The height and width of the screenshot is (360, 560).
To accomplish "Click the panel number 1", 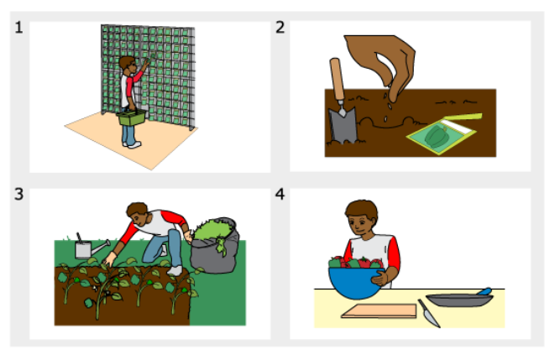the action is pyautogui.click(x=19, y=28).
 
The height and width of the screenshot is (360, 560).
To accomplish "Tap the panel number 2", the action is pyautogui.click(x=280, y=27).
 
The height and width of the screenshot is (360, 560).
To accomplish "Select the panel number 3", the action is pyautogui.click(x=19, y=194).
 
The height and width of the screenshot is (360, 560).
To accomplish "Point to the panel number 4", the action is pyautogui.click(x=280, y=194).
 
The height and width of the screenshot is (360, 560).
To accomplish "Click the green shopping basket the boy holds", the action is pyautogui.click(x=132, y=117).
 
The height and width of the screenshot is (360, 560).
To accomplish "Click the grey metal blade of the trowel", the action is pyautogui.click(x=343, y=125).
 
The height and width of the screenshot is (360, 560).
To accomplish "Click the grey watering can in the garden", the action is pyautogui.click(x=89, y=248).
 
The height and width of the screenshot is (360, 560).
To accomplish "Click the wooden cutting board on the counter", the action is pyautogui.click(x=379, y=310).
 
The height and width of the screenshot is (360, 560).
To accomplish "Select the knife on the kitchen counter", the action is pyautogui.click(x=428, y=313).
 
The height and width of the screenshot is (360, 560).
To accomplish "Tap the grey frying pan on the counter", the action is pyautogui.click(x=459, y=300).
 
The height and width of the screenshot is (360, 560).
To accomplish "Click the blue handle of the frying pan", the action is pyautogui.click(x=484, y=291).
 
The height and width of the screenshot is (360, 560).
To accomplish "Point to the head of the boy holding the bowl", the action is pyautogui.click(x=361, y=217).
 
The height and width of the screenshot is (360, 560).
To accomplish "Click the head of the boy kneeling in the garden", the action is pyautogui.click(x=139, y=214).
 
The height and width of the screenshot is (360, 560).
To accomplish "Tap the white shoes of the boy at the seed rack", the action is pyautogui.click(x=132, y=144).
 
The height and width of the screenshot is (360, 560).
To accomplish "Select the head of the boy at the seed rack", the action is pyautogui.click(x=128, y=65).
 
